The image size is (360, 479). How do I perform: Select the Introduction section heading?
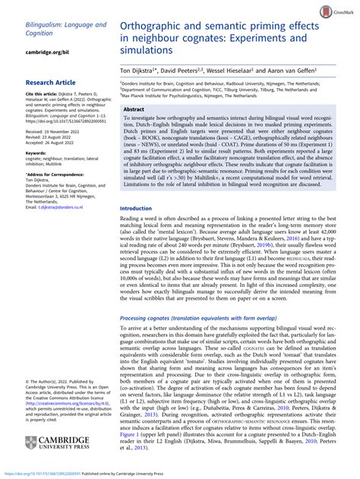click(143, 208)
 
